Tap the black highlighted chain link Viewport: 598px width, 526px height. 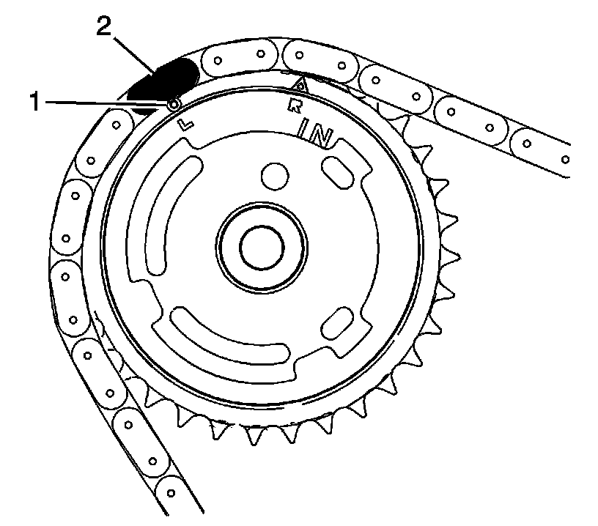tap(163, 81)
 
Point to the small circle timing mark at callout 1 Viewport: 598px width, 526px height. tap(174, 105)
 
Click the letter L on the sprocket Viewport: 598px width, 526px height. tap(187, 124)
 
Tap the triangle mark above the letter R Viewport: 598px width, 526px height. tap(299, 86)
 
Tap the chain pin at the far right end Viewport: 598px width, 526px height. tap(565, 158)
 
